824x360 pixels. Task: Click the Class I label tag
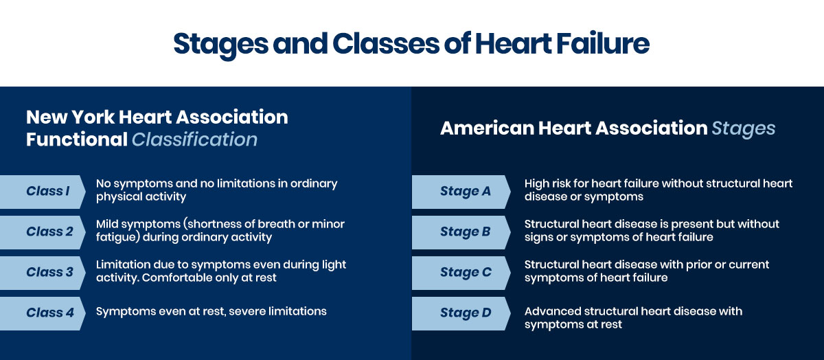pos(43,192)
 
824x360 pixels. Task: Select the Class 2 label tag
pos(43,232)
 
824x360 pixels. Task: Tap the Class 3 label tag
pos(43,273)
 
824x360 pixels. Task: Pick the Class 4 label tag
pos(43,313)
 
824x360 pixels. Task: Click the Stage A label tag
pos(461,192)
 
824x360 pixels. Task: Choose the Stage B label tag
pos(461,232)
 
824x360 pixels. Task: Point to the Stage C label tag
pos(461,273)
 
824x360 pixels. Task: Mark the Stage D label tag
pos(461,313)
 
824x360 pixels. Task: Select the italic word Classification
pos(194,139)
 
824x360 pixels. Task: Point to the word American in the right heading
pos(487,128)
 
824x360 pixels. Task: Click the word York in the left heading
pos(93,117)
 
